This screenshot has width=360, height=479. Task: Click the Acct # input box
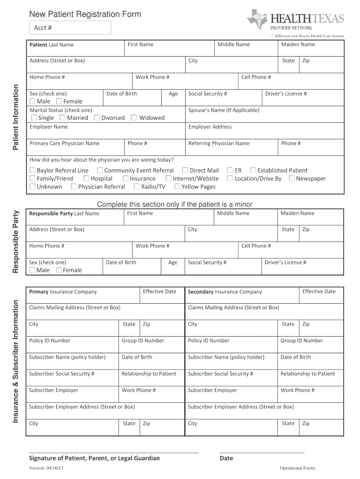(71, 28)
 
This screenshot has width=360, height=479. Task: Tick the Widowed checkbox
(134, 118)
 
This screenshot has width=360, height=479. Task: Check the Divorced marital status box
(97, 118)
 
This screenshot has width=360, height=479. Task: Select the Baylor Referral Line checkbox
(32, 171)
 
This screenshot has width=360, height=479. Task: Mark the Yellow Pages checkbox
(177, 187)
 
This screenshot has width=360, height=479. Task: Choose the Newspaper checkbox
(292, 179)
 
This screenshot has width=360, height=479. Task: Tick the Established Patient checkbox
(253, 171)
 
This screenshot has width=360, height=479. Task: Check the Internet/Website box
(168, 179)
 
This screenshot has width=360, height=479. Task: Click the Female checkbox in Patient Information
(59, 102)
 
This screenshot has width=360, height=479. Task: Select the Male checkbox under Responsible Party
(32, 270)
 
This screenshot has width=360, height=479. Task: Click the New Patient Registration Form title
(85, 15)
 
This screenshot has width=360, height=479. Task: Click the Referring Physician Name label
(219, 144)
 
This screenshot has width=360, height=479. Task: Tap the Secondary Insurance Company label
(225, 292)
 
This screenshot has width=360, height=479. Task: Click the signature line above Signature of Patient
(114, 453)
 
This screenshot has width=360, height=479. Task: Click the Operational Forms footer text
(297, 468)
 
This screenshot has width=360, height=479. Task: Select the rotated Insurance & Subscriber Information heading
(15, 362)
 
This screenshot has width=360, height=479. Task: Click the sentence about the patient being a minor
(175, 204)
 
